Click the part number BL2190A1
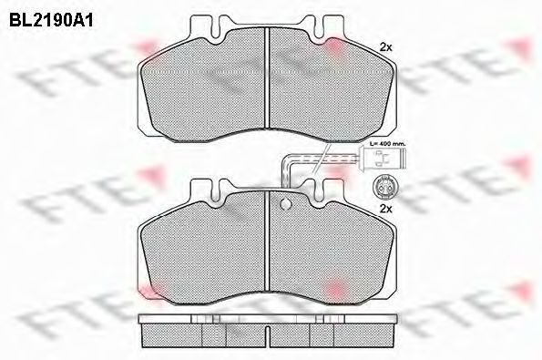pos(51,21)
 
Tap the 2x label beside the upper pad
pos(385,47)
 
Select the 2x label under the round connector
pos(385,209)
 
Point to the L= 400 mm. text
pos(387,143)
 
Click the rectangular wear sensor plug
pos(383,158)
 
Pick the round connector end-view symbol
pos(383,187)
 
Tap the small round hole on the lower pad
pos(286,204)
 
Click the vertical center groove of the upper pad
pos(267,77)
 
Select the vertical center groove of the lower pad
pos(267,241)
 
